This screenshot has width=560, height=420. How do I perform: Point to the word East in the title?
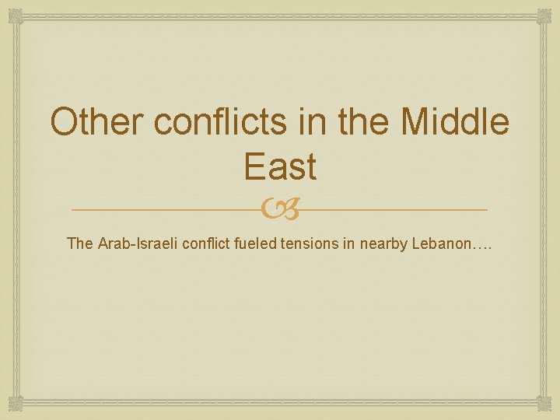click(x=279, y=166)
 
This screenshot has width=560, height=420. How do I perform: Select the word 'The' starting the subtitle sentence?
click(x=80, y=243)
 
